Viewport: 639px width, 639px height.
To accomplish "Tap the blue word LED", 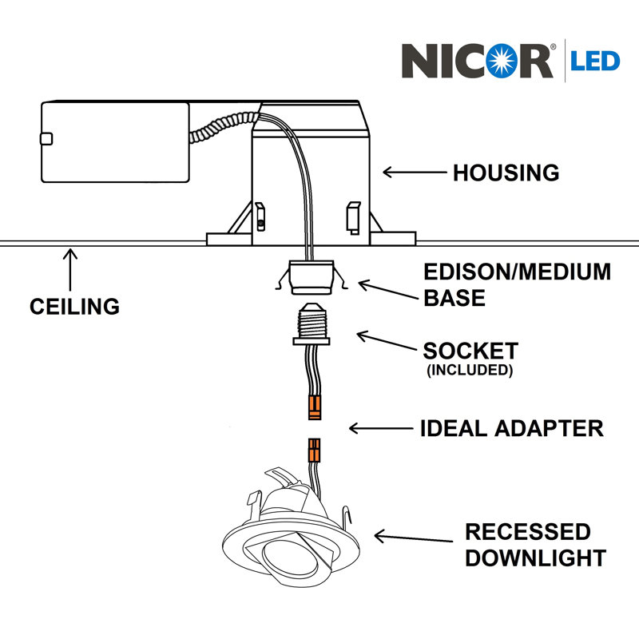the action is [x=595, y=62].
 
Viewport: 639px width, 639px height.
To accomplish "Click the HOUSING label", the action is [x=506, y=173].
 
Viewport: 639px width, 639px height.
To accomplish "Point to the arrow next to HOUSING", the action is [x=415, y=173].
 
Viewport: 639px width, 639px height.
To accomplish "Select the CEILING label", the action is [x=74, y=307].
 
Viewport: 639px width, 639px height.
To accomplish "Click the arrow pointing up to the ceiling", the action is [x=70, y=270].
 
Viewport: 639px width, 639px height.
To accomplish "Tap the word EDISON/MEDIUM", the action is [x=517, y=272].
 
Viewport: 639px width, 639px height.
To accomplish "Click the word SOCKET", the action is [x=470, y=351].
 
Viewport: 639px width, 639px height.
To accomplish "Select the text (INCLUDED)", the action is [x=470, y=370].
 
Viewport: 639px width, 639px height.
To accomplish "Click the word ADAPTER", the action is [x=549, y=428].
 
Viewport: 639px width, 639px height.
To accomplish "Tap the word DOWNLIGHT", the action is [x=535, y=558].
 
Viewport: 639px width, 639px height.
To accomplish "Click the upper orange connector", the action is [x=315, y=407].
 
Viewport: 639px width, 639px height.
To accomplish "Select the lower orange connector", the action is [x=314, y=450].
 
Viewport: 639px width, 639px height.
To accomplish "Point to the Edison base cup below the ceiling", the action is [x=312, y=277].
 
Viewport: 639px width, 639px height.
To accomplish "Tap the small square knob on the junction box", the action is [x=46, y=139].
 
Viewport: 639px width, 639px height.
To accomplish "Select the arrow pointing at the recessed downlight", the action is [x=413, y=538].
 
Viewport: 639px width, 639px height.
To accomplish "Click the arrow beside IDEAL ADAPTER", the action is [x=381, y=428].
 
